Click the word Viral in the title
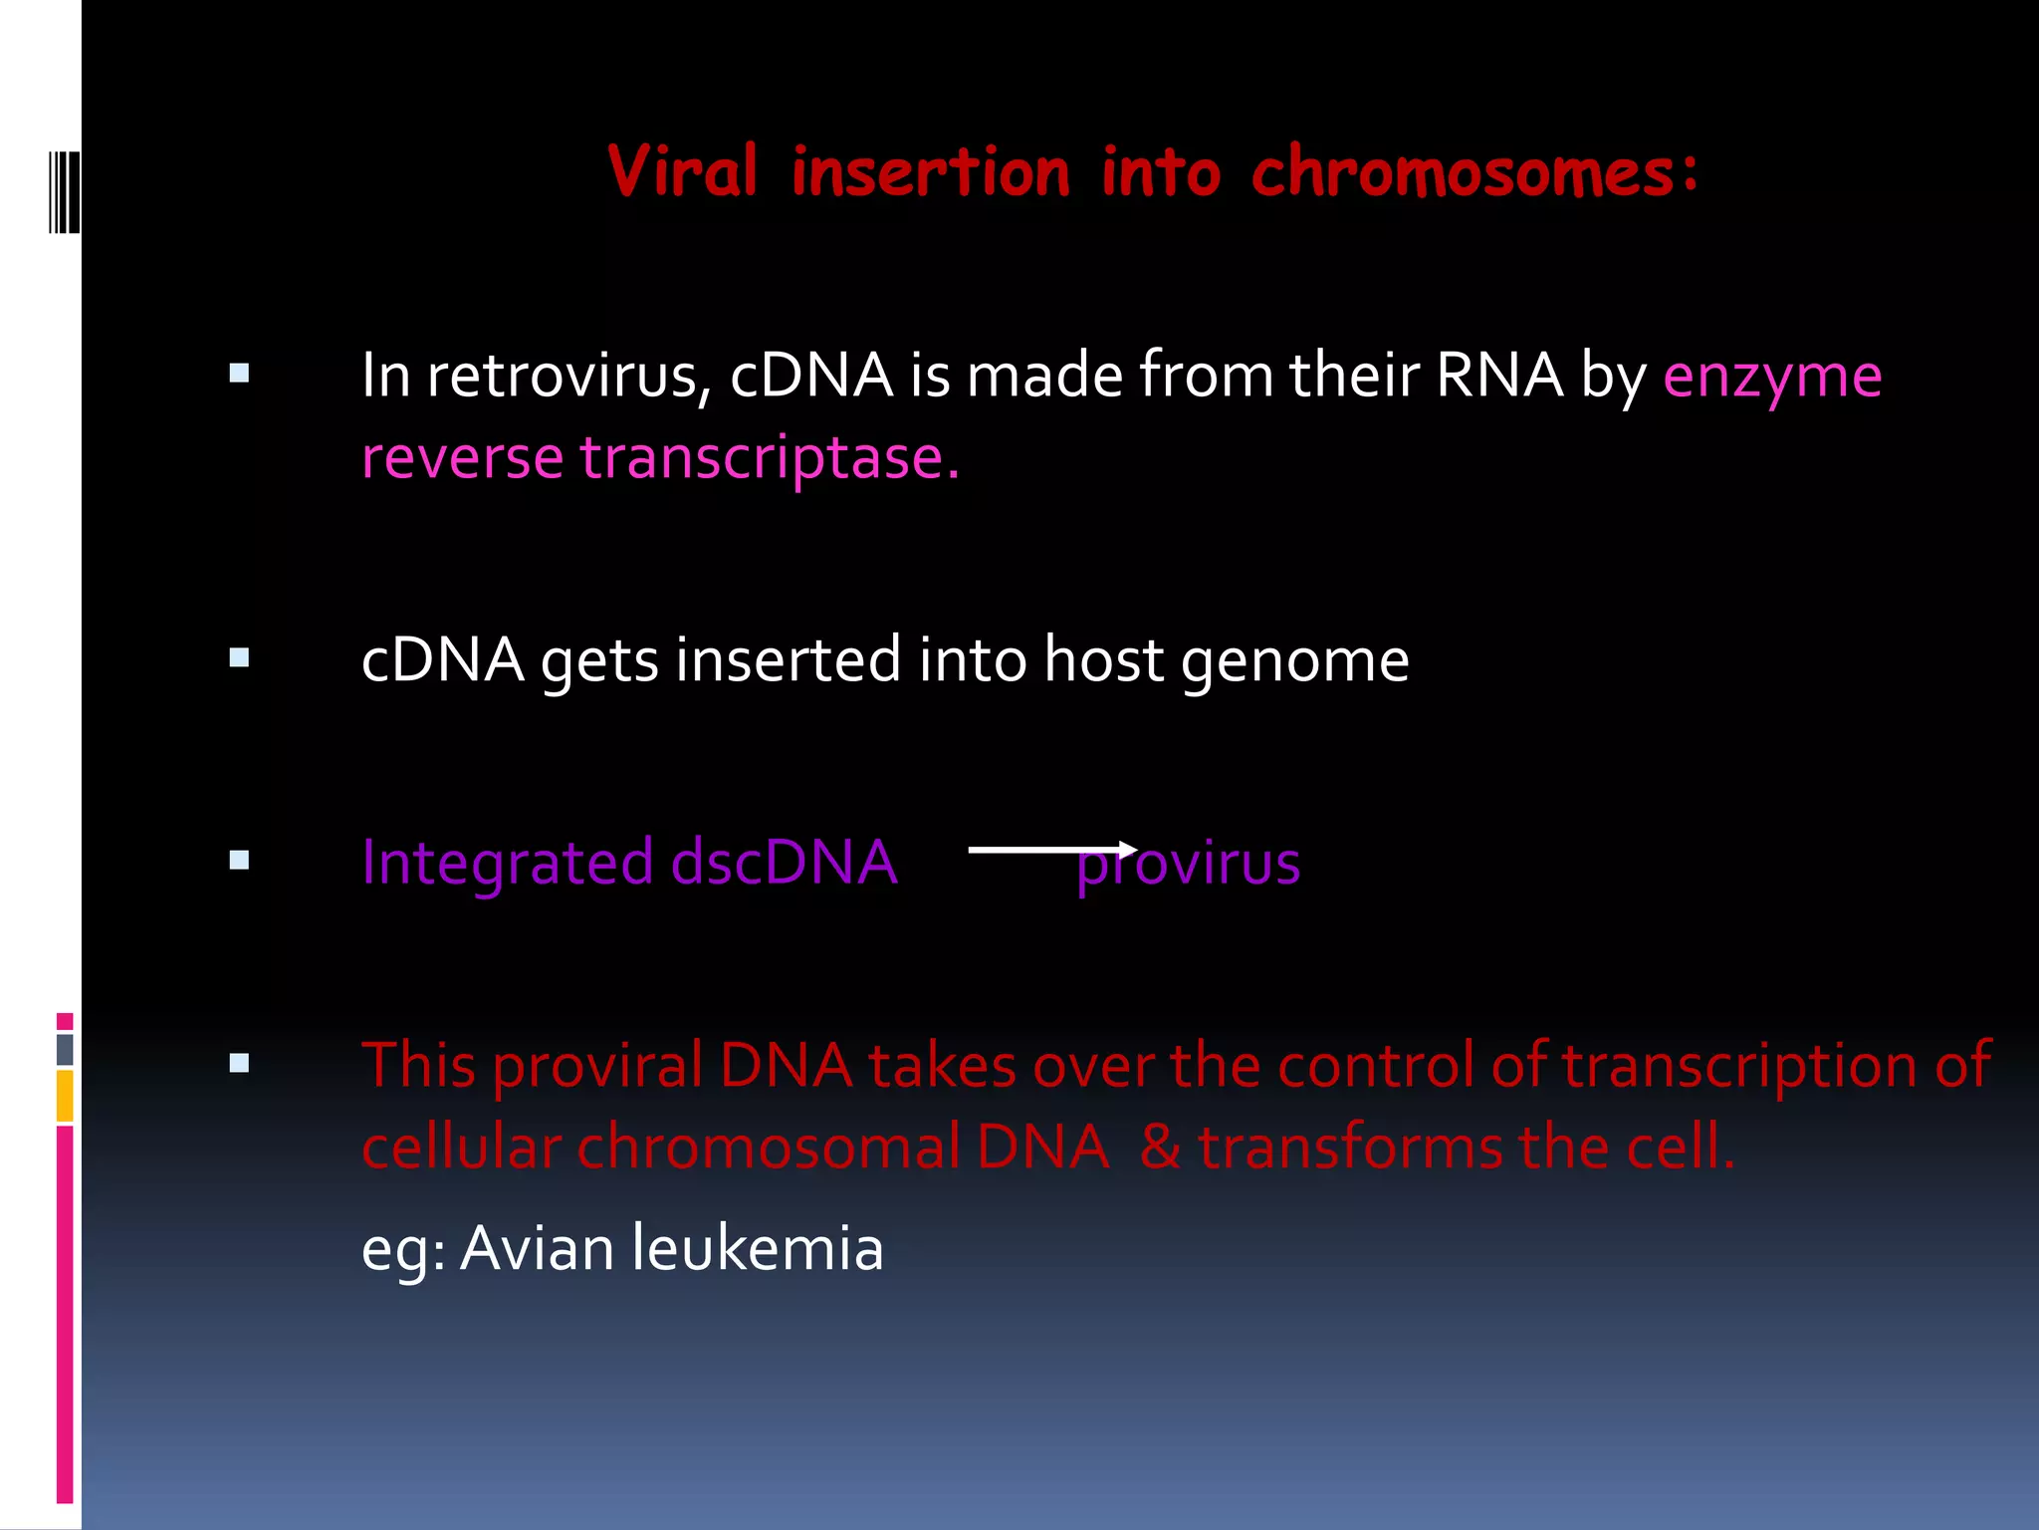(682, 172)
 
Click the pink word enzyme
(1772, 378)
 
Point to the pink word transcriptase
(770, 458)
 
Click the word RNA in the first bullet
(1499, 376)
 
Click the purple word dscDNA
(784, 862)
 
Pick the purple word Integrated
(508, 864)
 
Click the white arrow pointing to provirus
(1051, 849)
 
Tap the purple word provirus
(1188, 864)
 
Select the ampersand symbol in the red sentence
(1160, 1147)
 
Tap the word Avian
(536, 1248)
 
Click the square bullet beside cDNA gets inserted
(239, 657)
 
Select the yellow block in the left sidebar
(65, 1096)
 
